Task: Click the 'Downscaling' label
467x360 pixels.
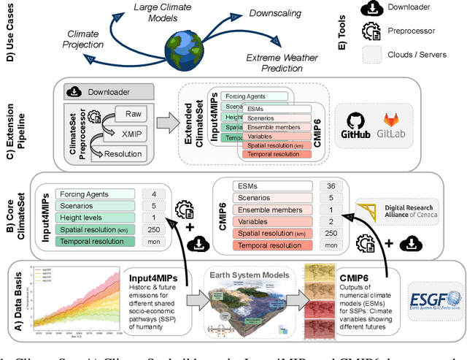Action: click(279, 13)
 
